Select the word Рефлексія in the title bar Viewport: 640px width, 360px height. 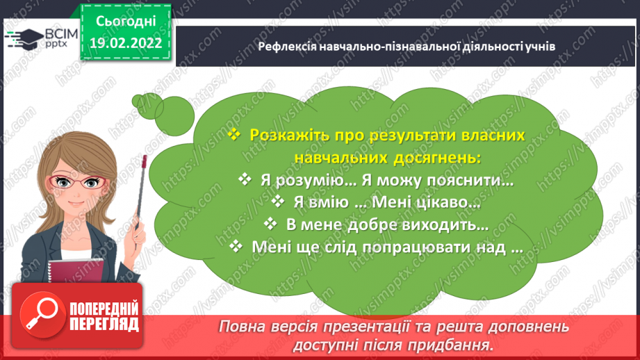pos(284,47)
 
